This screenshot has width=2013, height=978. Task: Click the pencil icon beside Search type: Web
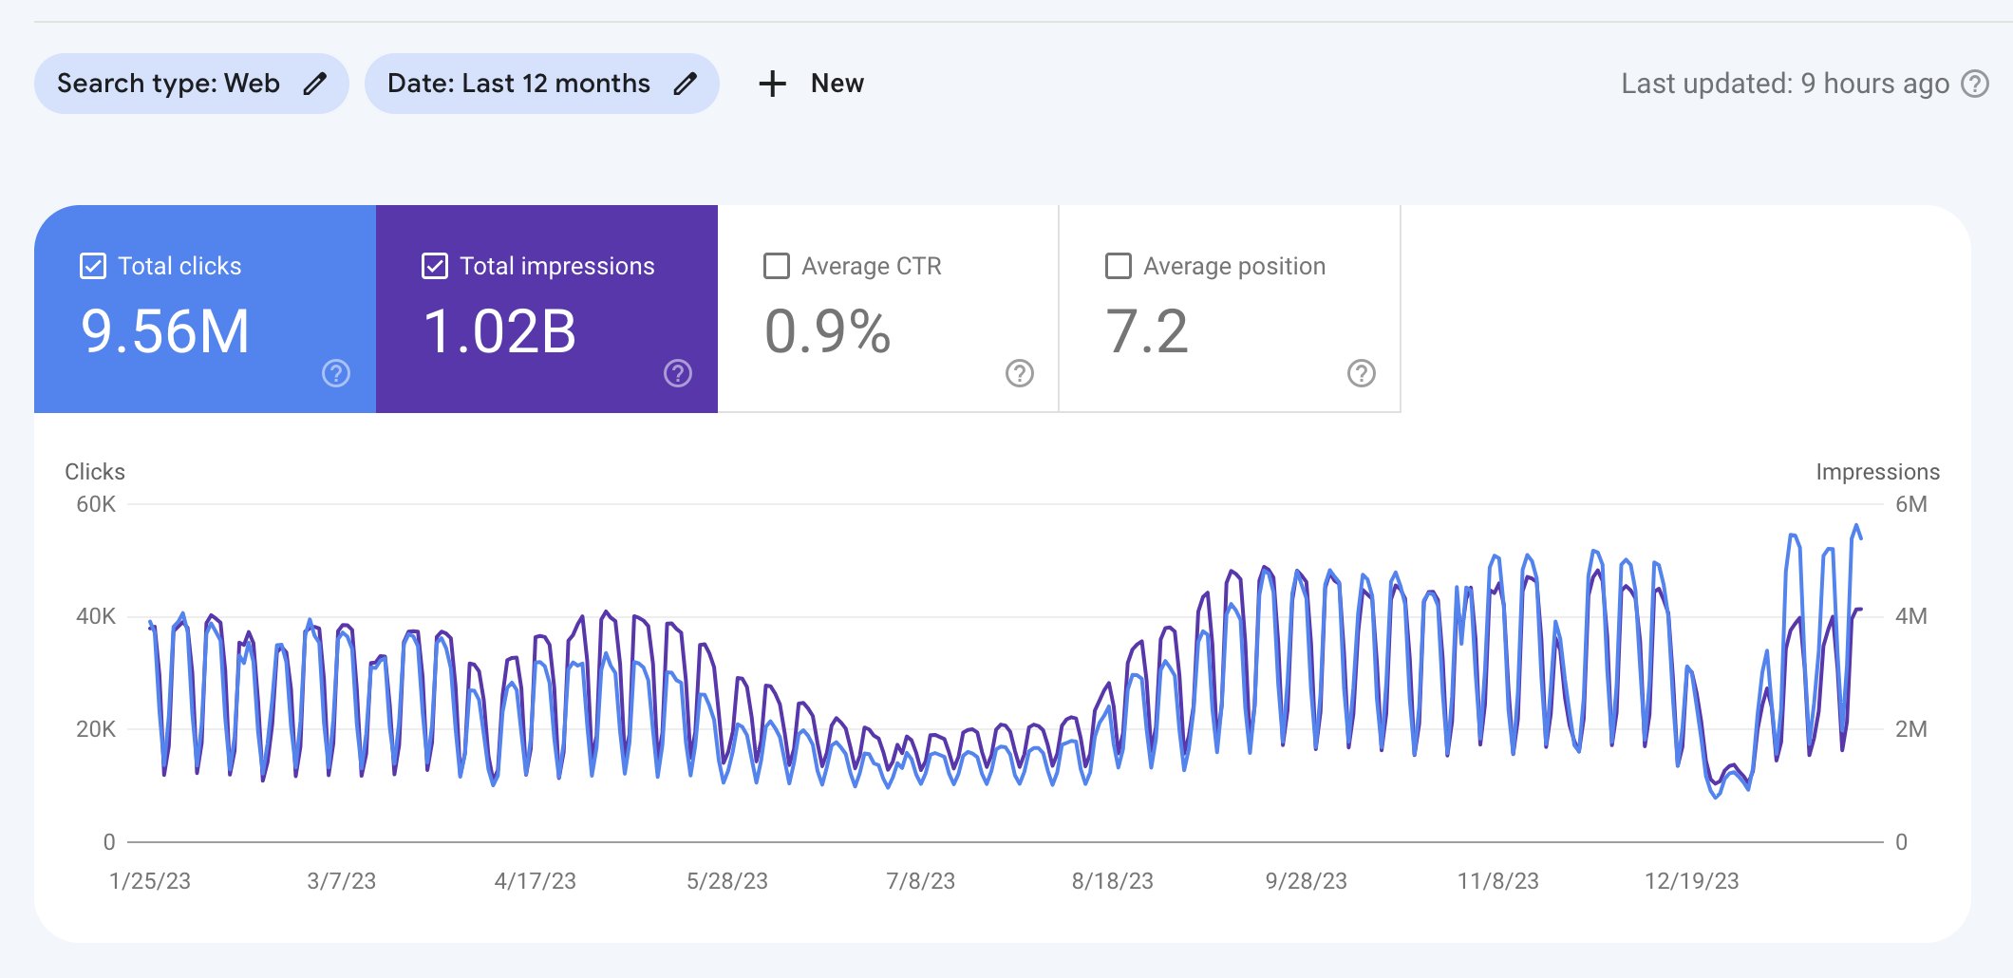click(x=315, y=84)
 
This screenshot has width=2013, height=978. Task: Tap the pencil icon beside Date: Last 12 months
click(x=686, y=84)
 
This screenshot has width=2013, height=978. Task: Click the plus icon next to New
click(x=773, y=84)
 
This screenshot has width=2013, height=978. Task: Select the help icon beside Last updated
click(x=1975, y=84)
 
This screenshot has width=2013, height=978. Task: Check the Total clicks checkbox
click(x=93, y=266)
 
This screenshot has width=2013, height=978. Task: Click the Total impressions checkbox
click(x=435, y=266)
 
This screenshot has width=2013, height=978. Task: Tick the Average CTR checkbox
click(x=777, y=266)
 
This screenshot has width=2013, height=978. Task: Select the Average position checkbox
click(x=1119, y=266)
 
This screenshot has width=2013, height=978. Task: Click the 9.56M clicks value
click(x=165, y=331)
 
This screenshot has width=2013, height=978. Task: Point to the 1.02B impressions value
click(x=499, y=331)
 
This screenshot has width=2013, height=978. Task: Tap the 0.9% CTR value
click(x=828, y=331)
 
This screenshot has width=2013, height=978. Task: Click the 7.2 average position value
click(x=1147, y=331)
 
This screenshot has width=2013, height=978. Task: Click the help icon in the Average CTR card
click(x=1020, y=373)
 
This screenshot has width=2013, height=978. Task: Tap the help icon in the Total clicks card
click(x=336, y=373)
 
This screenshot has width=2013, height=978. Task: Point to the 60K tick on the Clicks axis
click(x=96, y=504)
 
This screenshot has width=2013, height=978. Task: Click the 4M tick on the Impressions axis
click(x=1911, y=616)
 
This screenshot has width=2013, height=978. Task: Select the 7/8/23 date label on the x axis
click(x=921, y=881)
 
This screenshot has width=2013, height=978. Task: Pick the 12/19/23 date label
click(x=1692, y=881)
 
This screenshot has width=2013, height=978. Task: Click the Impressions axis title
click(x=1878, y=472)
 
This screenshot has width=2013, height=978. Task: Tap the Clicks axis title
click(x=95, y=472)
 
